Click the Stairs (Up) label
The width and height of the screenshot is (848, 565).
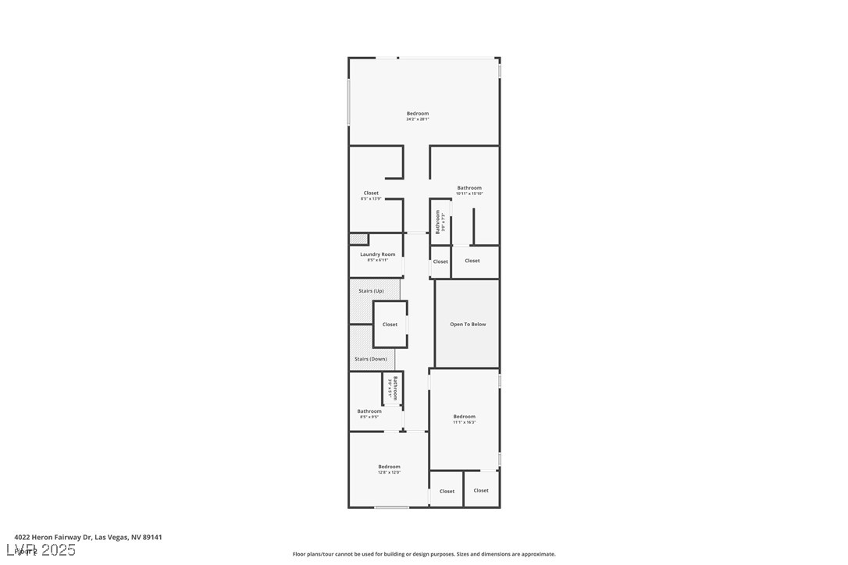tap(371, 291)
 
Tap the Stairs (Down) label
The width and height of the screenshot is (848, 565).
tap(370, 359)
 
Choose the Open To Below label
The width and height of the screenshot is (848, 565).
tap(468, 324)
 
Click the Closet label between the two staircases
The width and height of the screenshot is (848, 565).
tap(390, 325)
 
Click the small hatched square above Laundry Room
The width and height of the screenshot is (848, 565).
tap(358, 239)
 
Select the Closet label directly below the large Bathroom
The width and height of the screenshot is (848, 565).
tap(472, 261)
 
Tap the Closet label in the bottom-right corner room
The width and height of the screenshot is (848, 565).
tap(481, 490)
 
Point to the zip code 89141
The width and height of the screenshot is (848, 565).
tap(151, 537)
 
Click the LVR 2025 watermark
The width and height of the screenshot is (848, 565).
tap(45, 550)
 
